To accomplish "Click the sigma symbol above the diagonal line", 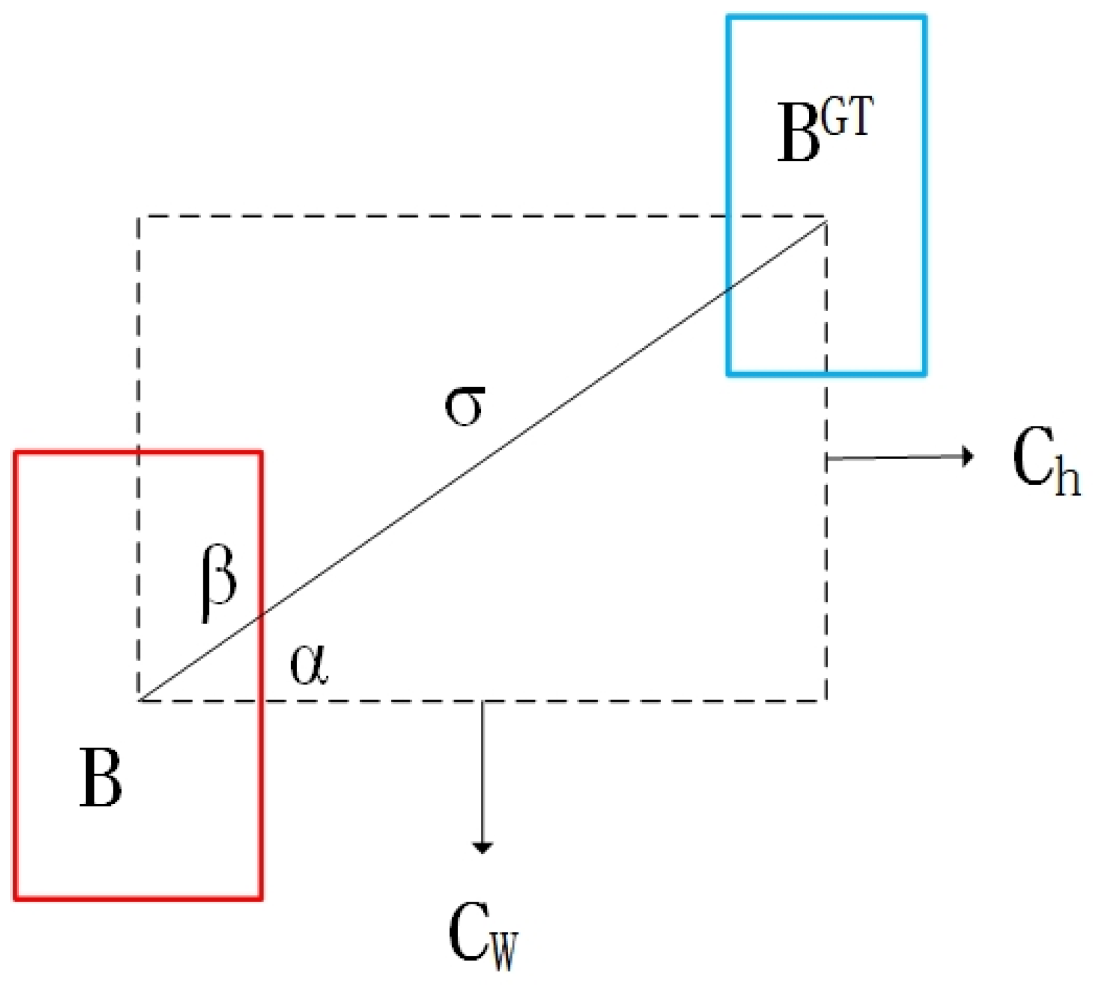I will pyautogui.click(x=464, y=406).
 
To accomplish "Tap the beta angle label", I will pyautogui.click(x=219, y=584).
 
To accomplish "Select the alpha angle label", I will pyautogui.click(x=309, y=667).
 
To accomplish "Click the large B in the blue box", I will pyautogui.click(x=798, y=133).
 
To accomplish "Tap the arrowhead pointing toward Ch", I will pyautogui.click(x=968, y=456).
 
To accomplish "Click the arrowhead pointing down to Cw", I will pyautogui.click(x=483, y=847).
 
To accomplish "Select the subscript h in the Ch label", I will pyautogui.click(x=1067, y=478).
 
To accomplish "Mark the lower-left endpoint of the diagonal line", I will pyautogui.click(x=140, y=700).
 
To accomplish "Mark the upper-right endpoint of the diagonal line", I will pyautogui.click(x=825, y=221).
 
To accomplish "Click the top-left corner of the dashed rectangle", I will pyautogui.click(x=139, y=217).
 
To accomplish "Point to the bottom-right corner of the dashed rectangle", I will pyautogui.click(x=826, y=700).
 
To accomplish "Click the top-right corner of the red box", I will pyautogui.click(x=261, y=452).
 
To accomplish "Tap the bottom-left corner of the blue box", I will pyautogui.click(x=729, y=374).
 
